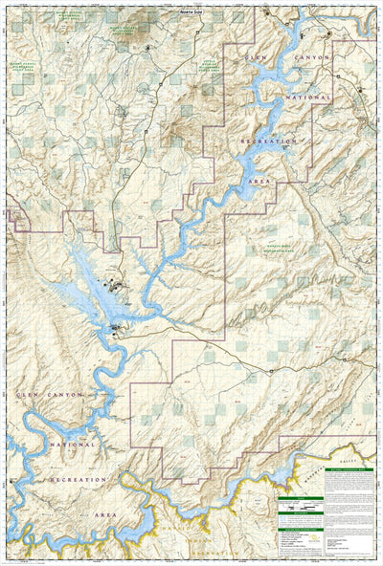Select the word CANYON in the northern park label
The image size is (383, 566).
(x=311, y=58)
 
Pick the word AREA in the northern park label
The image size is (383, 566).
(x=258, y=179)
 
